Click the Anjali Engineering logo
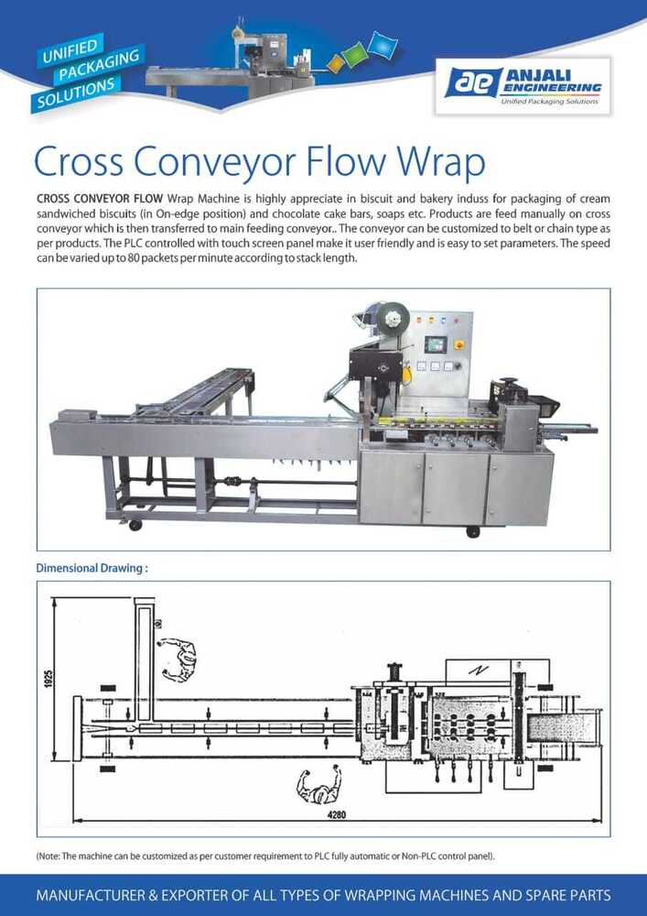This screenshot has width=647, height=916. pos(523,85)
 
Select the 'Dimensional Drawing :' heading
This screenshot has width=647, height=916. pos(92,568)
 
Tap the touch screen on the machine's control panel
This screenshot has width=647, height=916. pos(436,344)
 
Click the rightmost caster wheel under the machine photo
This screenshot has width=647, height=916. pos(473,531)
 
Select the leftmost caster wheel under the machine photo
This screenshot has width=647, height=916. pos(135,525)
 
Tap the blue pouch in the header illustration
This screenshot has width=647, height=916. pos(383,44)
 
